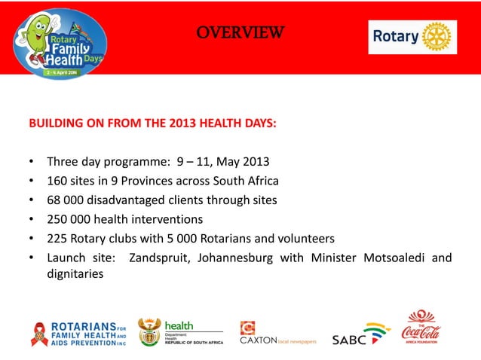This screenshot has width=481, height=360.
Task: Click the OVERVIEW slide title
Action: [x=240, y=32]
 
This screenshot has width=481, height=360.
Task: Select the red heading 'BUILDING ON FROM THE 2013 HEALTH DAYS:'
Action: [x=152, y=123]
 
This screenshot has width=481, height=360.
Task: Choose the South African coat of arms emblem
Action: [x=149, y=331]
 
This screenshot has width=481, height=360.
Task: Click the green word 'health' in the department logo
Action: [x=179, y=325]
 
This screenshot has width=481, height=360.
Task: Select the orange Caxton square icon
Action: [x=247, y=328]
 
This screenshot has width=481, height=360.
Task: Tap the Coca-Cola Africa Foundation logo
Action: [x=421, y=327]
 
